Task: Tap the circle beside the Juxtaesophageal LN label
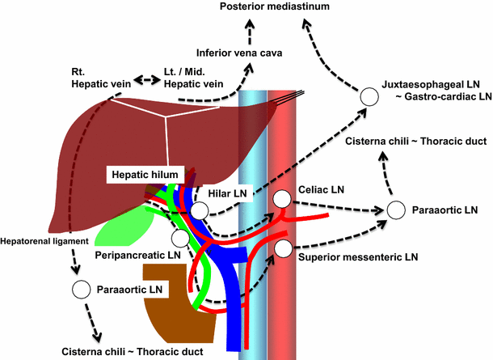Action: (x=369, y=96)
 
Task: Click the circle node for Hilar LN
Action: (x=199, y=211)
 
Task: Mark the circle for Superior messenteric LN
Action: (x=282, y=248)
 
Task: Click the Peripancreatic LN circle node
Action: (x=179, y=238)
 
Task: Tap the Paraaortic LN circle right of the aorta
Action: (x=396, y=210)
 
